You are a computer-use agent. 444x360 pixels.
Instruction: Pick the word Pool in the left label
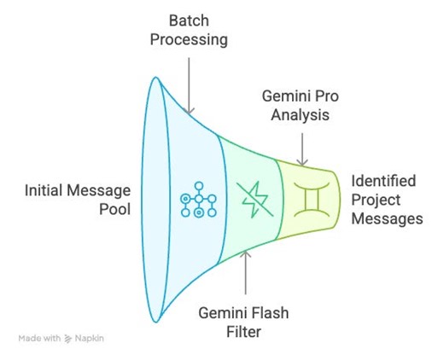click(115, 209)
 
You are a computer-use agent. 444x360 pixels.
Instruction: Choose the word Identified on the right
click(384, 181)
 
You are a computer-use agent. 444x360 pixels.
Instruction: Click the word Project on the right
click(376, 200)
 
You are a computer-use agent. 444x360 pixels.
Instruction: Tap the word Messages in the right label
click(388, 218)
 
